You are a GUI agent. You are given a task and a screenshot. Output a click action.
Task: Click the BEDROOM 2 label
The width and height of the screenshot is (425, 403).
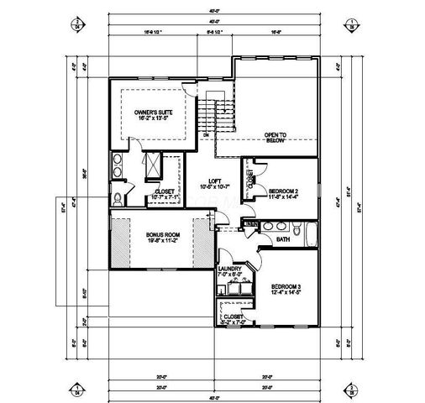(x=284, y=191)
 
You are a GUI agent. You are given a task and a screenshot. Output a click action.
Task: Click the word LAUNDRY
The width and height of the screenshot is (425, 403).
(x=230, y=269)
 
